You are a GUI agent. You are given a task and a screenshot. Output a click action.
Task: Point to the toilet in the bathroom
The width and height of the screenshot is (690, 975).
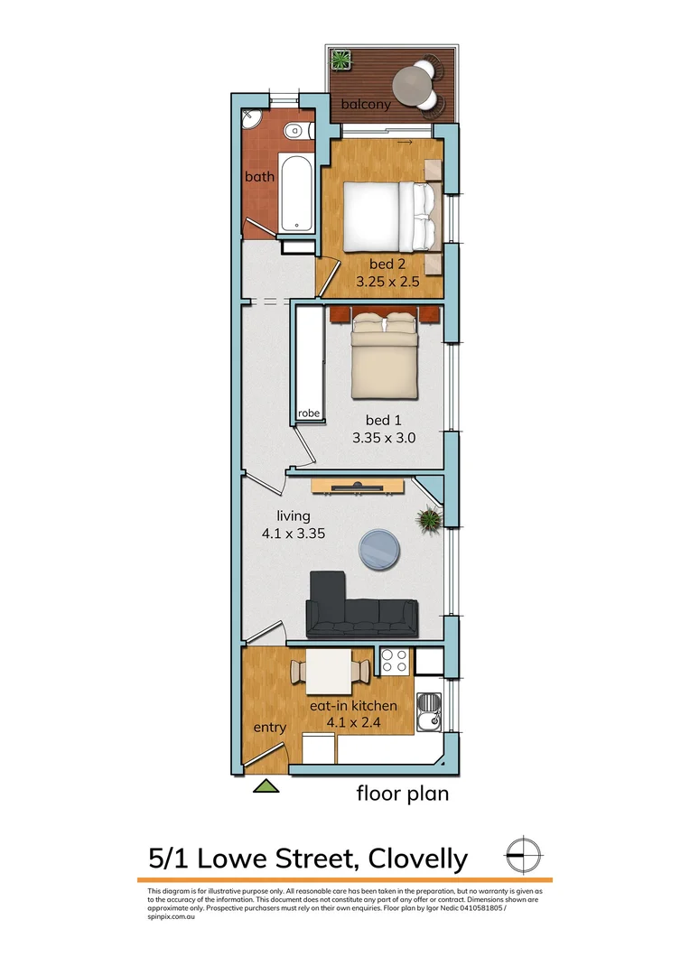coord(294,132)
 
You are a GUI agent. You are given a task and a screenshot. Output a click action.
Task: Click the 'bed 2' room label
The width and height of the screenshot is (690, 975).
coord(386,264)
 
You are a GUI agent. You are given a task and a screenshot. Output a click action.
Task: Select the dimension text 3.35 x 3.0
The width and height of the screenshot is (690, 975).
coord(386,438)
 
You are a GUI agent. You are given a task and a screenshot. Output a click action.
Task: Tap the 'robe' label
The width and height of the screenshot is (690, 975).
coord(309,413)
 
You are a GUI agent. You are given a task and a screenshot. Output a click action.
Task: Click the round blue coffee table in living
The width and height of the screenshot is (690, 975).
coord(379,548)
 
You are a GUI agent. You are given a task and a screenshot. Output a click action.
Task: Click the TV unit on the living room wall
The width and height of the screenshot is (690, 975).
coord(358,487)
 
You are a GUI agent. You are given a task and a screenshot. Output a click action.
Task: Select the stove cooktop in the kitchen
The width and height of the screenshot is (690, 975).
coord(394,662)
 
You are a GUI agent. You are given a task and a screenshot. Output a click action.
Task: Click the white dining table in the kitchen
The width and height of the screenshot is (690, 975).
coord(330,668)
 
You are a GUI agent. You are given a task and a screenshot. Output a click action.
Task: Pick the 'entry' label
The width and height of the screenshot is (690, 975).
coord(270,728)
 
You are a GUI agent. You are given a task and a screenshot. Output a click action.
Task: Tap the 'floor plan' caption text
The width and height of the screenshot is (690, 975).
coord(402,794)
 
